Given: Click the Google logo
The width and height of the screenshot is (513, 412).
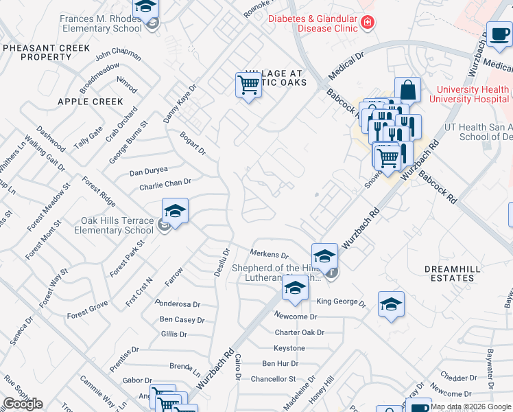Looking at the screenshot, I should [x=23, y=404].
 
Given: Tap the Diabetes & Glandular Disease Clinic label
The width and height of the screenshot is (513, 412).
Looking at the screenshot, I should [x=313, y=23].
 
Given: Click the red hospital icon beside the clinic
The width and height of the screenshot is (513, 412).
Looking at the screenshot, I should [x=368, y=23].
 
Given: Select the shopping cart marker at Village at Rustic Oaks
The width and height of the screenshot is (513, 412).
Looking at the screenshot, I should [x=248, y=85].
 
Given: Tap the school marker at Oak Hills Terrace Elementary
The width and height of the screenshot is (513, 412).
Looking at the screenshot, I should [x=175, y=211].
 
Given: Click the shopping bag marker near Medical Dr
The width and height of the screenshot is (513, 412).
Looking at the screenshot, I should [x=407, y=89].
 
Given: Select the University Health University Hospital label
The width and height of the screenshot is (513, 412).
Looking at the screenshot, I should [x=473, y=94].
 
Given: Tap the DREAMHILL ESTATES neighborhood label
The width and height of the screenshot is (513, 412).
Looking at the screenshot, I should [x=449, y=273].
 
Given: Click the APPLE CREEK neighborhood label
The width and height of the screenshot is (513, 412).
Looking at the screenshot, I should [x=91, y=102].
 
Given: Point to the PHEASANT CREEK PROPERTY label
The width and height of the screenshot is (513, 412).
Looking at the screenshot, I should [x=46, y=52].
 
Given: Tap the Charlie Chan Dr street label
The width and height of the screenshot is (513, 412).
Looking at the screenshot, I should [x=165, y=183].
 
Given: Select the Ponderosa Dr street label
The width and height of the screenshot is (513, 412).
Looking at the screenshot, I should [x=178, y=304].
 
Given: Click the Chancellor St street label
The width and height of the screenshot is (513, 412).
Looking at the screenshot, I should [x=273, y=378].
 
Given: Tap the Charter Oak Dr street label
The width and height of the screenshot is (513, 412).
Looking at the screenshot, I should [x=299, y=332].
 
